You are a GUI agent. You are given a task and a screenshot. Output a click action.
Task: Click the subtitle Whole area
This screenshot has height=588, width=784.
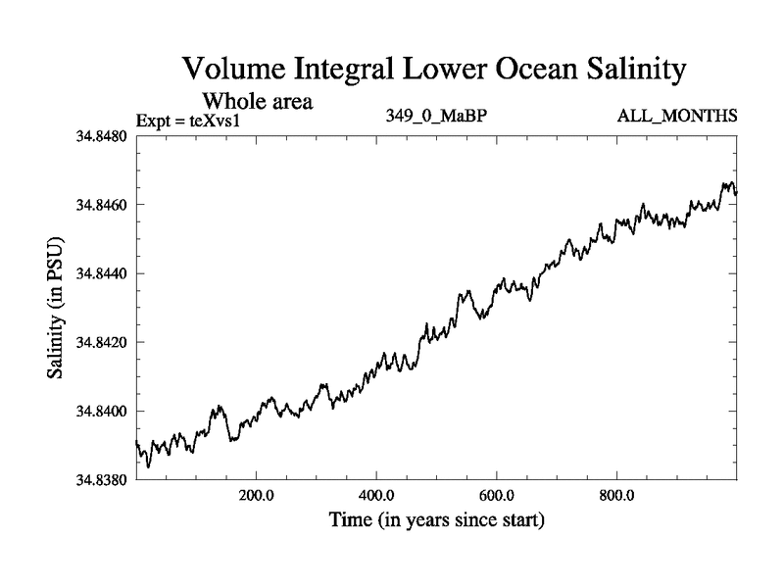pyautogui.click(x=257, y=101)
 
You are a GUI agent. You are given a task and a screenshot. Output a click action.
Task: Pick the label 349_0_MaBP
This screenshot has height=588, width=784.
pyautogui.click(x=437, y=117)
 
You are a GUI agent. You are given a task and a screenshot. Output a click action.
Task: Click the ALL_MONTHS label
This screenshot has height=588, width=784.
pyautogui.click(x=676, y=117)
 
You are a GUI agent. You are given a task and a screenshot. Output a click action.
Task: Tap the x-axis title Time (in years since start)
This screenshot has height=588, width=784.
pyautogui.click(x=436, y=519)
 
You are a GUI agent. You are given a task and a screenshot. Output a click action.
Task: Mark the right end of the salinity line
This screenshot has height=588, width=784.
pyautogui.click(x=736, y=193)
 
